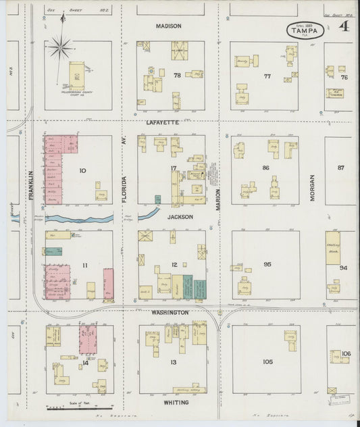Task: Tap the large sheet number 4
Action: click(344, 27)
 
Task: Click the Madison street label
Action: click(169, 26)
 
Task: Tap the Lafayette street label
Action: click(163, 122)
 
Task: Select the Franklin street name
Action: click(31, 184)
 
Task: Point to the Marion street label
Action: click(219, 199)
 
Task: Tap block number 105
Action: click(267, 362)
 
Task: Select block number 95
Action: click(267, 264)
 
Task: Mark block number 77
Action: click(267, 76)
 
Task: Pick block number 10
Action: click(83, 170)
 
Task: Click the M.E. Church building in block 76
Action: click(334, 93)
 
